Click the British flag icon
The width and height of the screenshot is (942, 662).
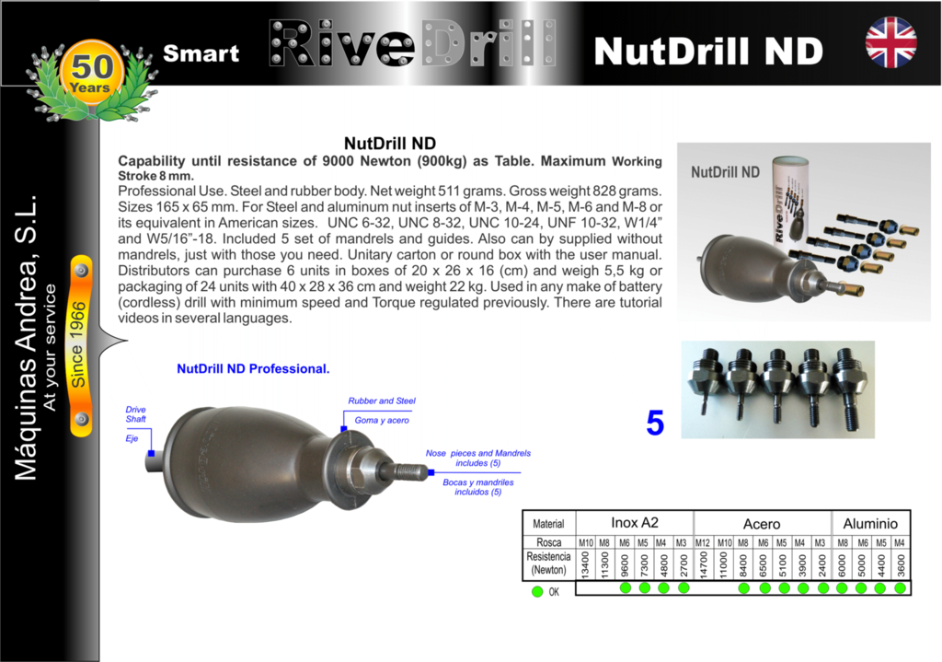[x=890, y=42]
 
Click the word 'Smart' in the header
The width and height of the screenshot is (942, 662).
[x=201, y=53]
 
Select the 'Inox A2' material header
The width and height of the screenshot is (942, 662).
[x=635, y=522]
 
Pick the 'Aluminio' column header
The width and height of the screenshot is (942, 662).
[x=870, y=524]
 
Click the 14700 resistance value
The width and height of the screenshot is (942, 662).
[x=703, y=565]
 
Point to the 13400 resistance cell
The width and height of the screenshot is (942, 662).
[x=585, y=565]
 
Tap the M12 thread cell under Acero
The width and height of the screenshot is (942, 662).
[x=702, y=542]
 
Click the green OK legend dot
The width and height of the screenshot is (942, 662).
[x=537, y=592]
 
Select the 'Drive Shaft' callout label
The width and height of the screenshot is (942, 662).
[x=136, y=414]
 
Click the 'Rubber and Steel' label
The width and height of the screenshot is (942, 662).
[x=382, y=401]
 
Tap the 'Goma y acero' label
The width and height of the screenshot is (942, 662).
[x=382, y=420]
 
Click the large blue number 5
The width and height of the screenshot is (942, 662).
[x=655, y=423]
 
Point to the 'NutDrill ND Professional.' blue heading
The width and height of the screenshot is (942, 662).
[x=253, y=368]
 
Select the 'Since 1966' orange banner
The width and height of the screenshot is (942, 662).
[x=80, y=345]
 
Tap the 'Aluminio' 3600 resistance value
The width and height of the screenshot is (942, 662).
[x=900, y=565]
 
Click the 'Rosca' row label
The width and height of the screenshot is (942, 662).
[x=548, y=542]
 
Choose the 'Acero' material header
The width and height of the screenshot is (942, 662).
[x=761, y=524]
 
